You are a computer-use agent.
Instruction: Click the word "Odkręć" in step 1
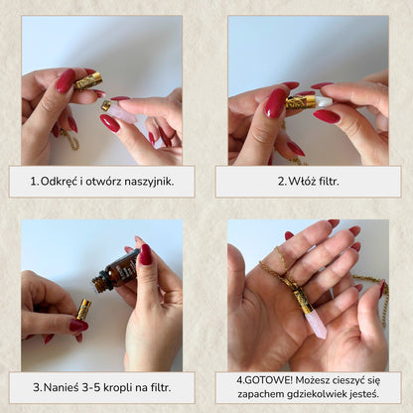(x=59, y=182)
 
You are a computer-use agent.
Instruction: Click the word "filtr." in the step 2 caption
(x=328, y=182)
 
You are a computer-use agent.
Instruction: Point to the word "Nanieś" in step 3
(x=61, y=387)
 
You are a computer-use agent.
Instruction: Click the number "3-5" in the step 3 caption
(x=91, y=387)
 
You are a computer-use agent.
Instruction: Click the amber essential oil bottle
(x=116, y=270)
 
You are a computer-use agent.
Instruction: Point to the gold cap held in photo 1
(x=87, y=81)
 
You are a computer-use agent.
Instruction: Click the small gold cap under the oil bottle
(x=84, y=309)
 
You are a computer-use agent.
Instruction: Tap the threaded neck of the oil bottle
(x=99, y=284)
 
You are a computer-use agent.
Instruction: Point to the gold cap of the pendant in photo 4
(x=302, y=300)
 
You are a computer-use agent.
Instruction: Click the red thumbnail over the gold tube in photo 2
(x=275, y=103)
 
